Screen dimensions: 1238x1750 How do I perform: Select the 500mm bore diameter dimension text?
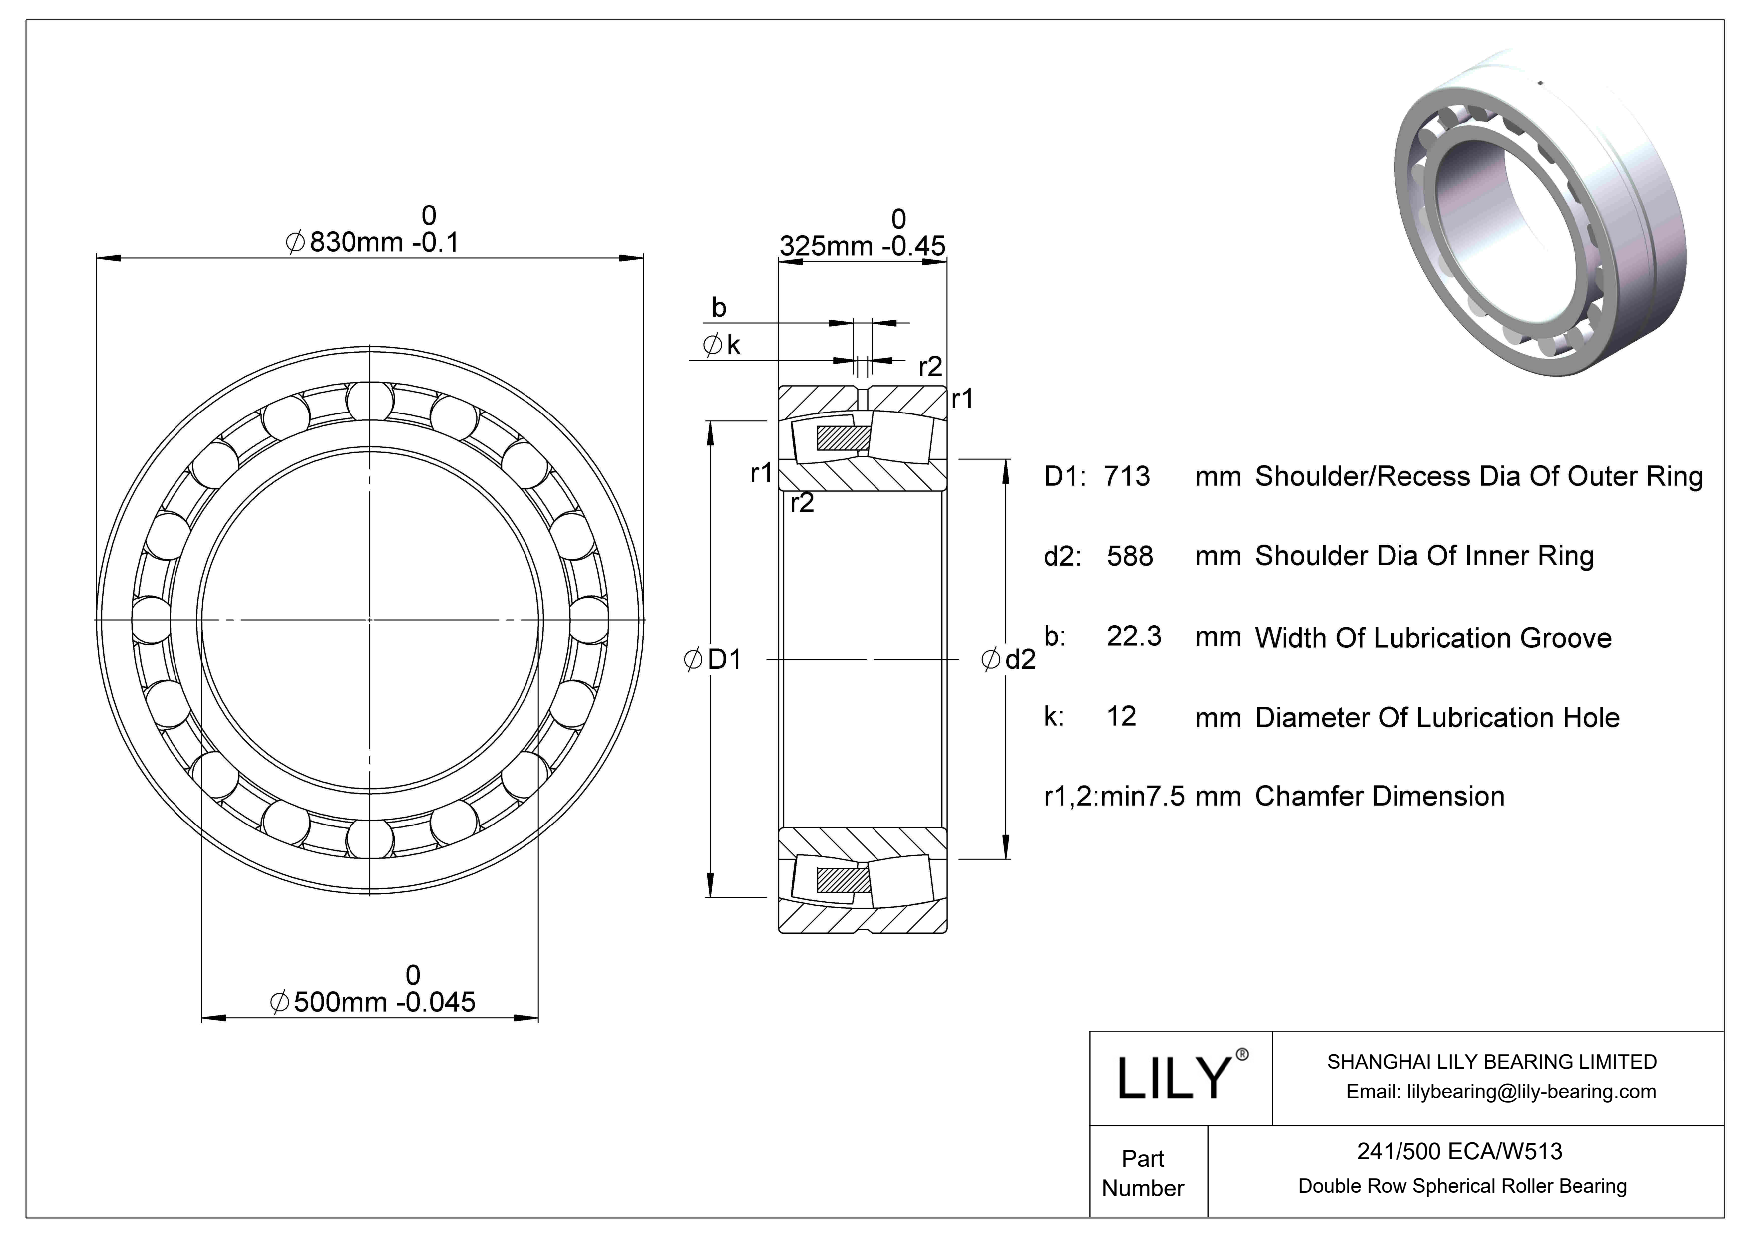click(x=373, y=1001)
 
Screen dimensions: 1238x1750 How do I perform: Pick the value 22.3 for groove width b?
click(x=1133, y=636)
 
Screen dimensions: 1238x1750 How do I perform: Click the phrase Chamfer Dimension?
click(x=1379, y=796)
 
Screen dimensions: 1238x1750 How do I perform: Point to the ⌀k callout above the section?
click(x=722, y=345)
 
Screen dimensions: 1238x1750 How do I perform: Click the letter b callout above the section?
click(x=719, y=307)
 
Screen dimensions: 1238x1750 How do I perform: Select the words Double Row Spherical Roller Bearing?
click(x=1462, y=1186)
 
